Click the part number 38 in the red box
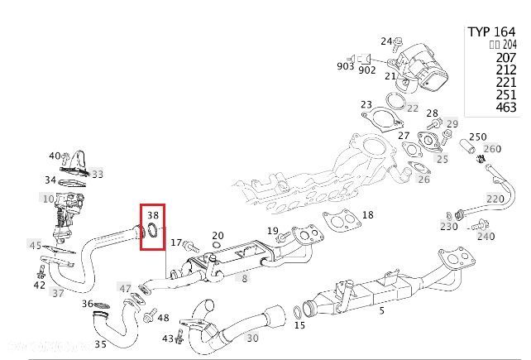(x=153, y=216)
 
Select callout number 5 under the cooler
(x=381, y=310)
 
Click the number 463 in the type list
(x=505, y=108)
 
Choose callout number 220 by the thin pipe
(x=495, y=199)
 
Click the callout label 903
(x=345, y=65)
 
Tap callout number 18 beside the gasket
(x=367, y=215)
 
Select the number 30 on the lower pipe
(x=252, y=338)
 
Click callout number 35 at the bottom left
(x=100, y=344)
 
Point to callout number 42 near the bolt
(x=39, y=286)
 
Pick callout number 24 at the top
(x=386, y=41)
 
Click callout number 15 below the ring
(x=299, y=326)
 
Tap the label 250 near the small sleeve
(x=477, y=137)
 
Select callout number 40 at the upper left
(x=55, y=156)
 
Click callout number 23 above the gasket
(x=366, y=104)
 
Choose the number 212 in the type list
(x=505, y=70)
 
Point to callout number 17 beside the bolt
(x=175, y=242)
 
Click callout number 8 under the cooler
(x=244, y=279)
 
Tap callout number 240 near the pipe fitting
(x=485, y=236)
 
